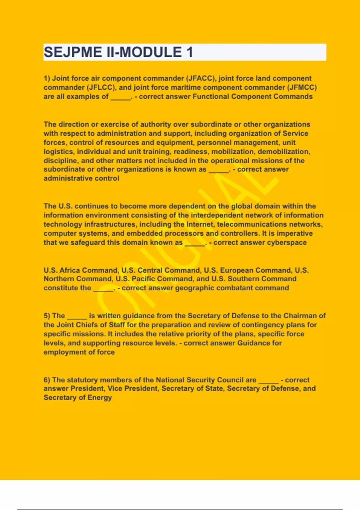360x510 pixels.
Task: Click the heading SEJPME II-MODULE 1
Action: pyautogui.click(x=118, y=52)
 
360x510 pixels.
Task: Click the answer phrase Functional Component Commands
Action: pyautogui.click(x=252, y=97)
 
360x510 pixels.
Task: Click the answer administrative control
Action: pyautogui.click(x=81, y=178)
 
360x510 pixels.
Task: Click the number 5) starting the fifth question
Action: pyautogui.click(x=47, y=316)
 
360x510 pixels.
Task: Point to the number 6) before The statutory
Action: pyautogui.click(x=47, y=380)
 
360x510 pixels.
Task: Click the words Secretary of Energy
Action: pyautogui.click(x=78, y=398)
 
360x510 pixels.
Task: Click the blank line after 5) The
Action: pyautogui.click(x=77, y=317)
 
